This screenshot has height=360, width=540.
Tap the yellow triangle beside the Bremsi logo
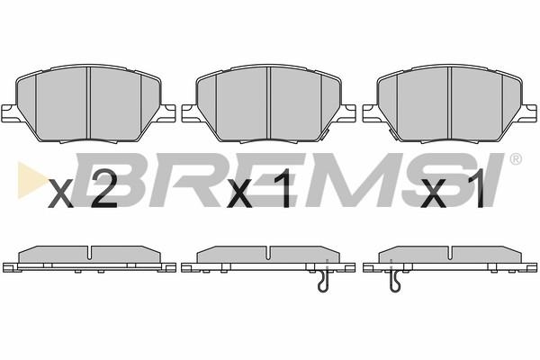[x=31, y=180]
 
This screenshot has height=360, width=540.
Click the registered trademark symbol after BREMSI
[x=515, y=159]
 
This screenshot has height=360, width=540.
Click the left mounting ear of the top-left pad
[x=9, y=112]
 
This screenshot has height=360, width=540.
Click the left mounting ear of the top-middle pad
[x=189, y=112]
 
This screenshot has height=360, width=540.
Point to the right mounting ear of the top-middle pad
[x=347, y=112]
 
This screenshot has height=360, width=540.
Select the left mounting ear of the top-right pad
[x=371, y=112]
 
